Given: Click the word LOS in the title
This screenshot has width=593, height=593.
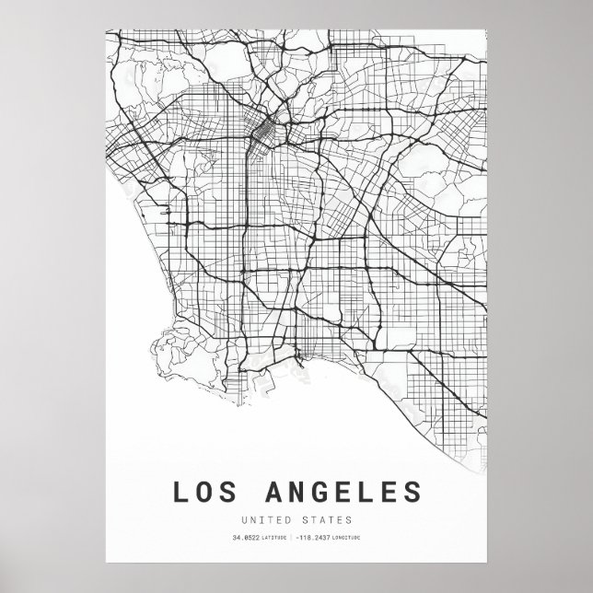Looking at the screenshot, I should (204, 493).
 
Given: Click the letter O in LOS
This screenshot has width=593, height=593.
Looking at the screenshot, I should (204, 493).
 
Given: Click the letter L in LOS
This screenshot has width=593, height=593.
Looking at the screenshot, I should (179, 493).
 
